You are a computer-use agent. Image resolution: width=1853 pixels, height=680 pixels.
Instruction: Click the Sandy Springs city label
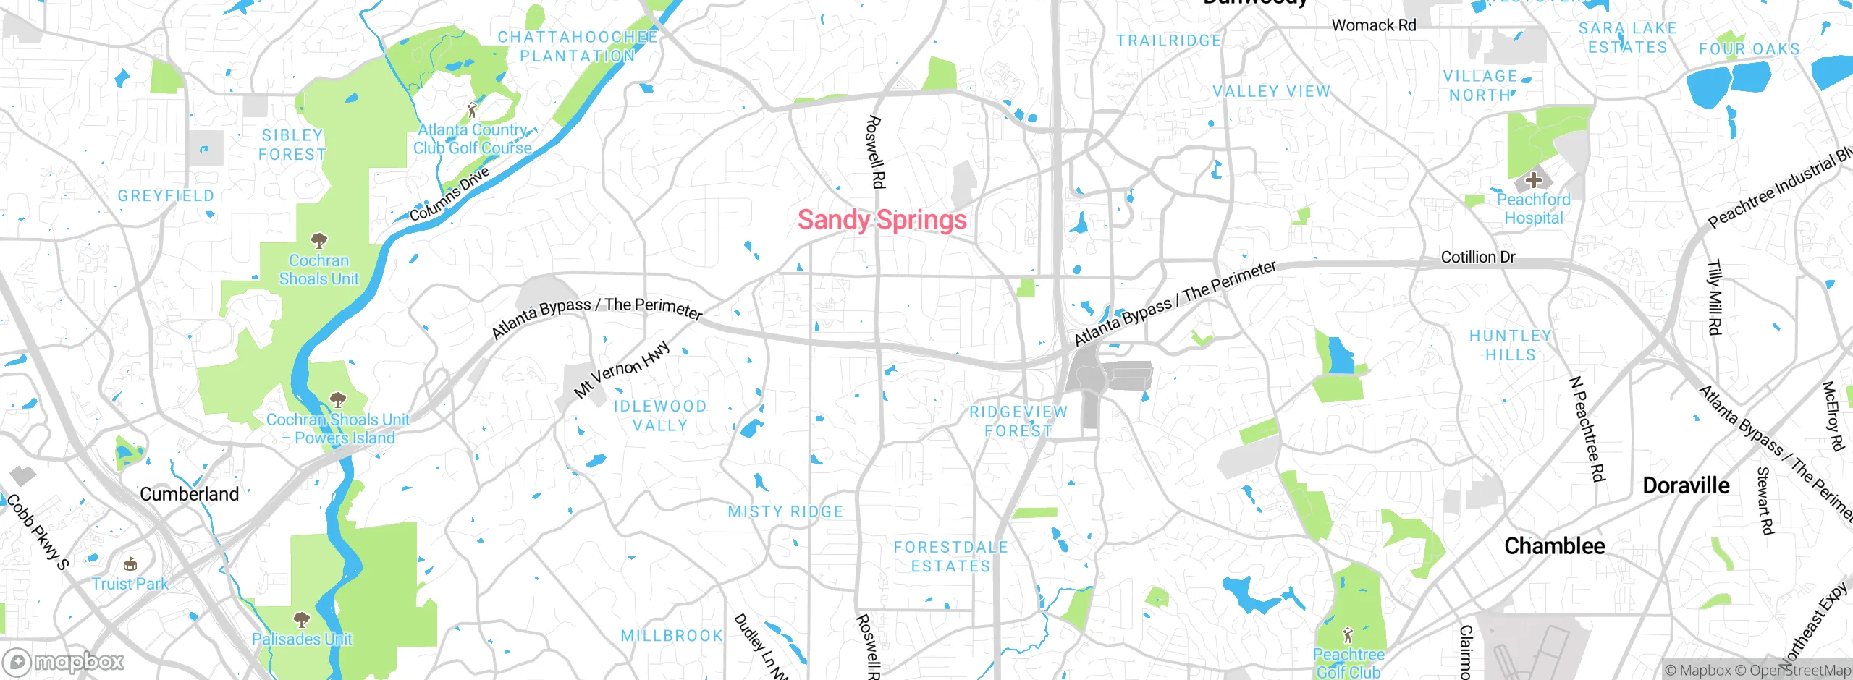(882, 220)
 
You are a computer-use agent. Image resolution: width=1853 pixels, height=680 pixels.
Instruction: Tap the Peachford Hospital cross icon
(1533, 179)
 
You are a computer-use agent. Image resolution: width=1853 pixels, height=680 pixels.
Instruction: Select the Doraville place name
(1686, 485)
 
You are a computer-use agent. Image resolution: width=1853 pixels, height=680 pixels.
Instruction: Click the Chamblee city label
(1554, 546)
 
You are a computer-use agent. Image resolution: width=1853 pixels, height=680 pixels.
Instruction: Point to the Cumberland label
(189, 495)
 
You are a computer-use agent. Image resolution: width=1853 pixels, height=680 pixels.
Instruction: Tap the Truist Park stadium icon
(130, 564)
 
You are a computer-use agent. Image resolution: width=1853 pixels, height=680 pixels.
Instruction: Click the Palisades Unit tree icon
(302, 619)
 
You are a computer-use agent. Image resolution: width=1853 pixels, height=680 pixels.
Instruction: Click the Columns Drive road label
(449, 194)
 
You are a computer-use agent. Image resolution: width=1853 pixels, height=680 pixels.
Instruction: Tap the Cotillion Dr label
(1477, 257)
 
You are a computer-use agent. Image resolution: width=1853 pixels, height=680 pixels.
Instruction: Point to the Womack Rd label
(1373, 25)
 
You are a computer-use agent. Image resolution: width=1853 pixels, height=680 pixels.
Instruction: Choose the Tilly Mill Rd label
(1714, 297)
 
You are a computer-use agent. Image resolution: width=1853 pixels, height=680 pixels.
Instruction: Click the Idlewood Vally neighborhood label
(659, 416)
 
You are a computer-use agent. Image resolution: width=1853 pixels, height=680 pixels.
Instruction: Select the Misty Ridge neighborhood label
(785, 512)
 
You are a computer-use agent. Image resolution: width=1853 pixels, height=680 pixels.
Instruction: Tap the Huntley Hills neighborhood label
(1510, 345)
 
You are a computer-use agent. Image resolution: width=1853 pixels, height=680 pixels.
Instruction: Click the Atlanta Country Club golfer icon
(472, 110)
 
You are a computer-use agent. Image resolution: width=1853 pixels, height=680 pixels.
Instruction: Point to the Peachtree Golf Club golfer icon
(1347, 635)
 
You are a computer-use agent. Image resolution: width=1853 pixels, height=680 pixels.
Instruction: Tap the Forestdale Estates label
(950, 556)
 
